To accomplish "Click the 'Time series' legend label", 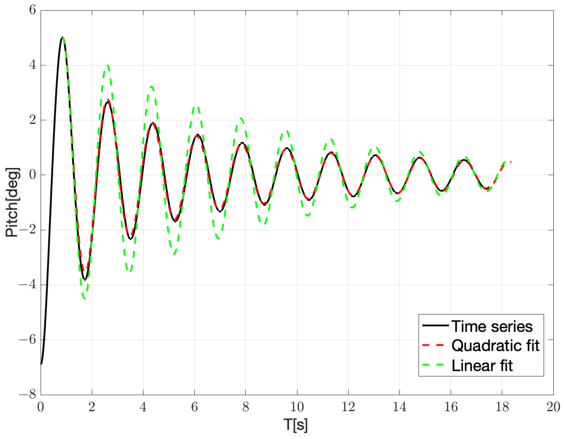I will coord(492,326).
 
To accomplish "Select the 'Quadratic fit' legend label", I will coord(495,346).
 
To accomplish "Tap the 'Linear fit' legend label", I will coord(482,366).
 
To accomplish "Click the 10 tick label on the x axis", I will coord(297,407).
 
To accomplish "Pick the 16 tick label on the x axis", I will coord(451,407).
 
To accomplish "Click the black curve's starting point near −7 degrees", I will coord(41,364).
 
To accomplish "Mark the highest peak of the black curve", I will coord(62,37).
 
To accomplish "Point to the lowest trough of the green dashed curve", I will coord(84,299).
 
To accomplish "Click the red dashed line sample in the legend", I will coord(433,345).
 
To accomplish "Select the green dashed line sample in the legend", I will coord(433,365).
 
